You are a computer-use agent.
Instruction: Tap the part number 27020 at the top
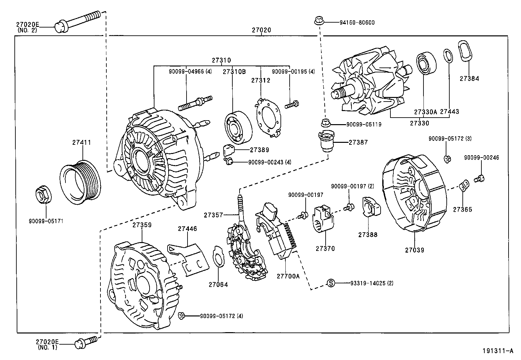(261, 30)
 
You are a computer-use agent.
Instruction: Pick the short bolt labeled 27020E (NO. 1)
(86, 342)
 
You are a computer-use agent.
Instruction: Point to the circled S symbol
(331, 283)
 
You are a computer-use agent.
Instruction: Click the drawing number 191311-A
(497, 351)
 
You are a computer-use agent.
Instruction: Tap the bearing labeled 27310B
(238, 127)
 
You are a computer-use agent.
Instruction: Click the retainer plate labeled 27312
(268, 117)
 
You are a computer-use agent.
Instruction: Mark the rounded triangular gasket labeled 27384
(465, 51)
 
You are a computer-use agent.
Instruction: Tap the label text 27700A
(288, 276)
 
